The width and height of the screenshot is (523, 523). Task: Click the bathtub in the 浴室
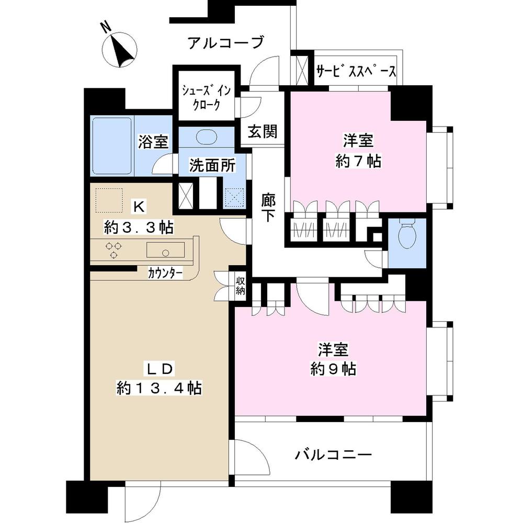[112, 146]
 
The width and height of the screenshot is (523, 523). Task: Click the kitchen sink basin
[165, 251]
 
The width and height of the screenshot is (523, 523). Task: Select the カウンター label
[165, 272]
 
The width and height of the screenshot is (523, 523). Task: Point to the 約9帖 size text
[333, 369]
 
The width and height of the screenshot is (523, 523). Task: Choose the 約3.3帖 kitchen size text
[139, 228]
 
